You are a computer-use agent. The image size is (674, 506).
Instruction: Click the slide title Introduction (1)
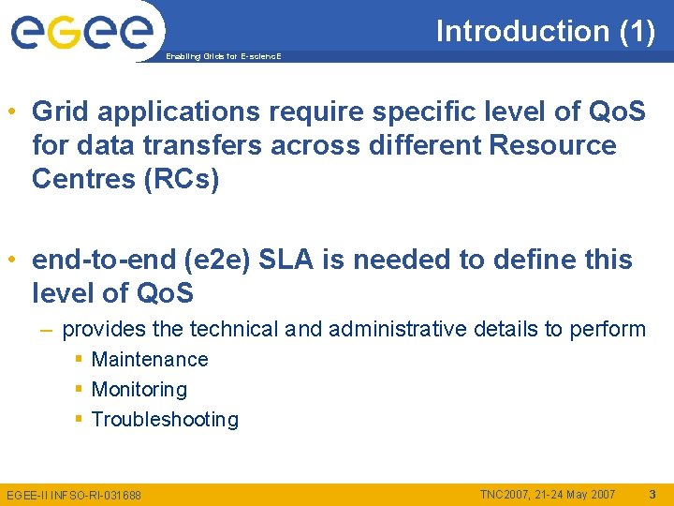point(545,31)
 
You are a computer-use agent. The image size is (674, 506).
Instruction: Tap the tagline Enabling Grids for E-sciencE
point(223,57)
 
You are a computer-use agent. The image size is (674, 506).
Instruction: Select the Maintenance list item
point(150,359)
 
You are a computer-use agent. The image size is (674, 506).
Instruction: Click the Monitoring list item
point(139,389)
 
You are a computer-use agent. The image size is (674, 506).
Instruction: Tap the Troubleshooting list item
point(165,419)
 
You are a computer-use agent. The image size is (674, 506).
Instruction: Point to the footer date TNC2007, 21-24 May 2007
point(548,494)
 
